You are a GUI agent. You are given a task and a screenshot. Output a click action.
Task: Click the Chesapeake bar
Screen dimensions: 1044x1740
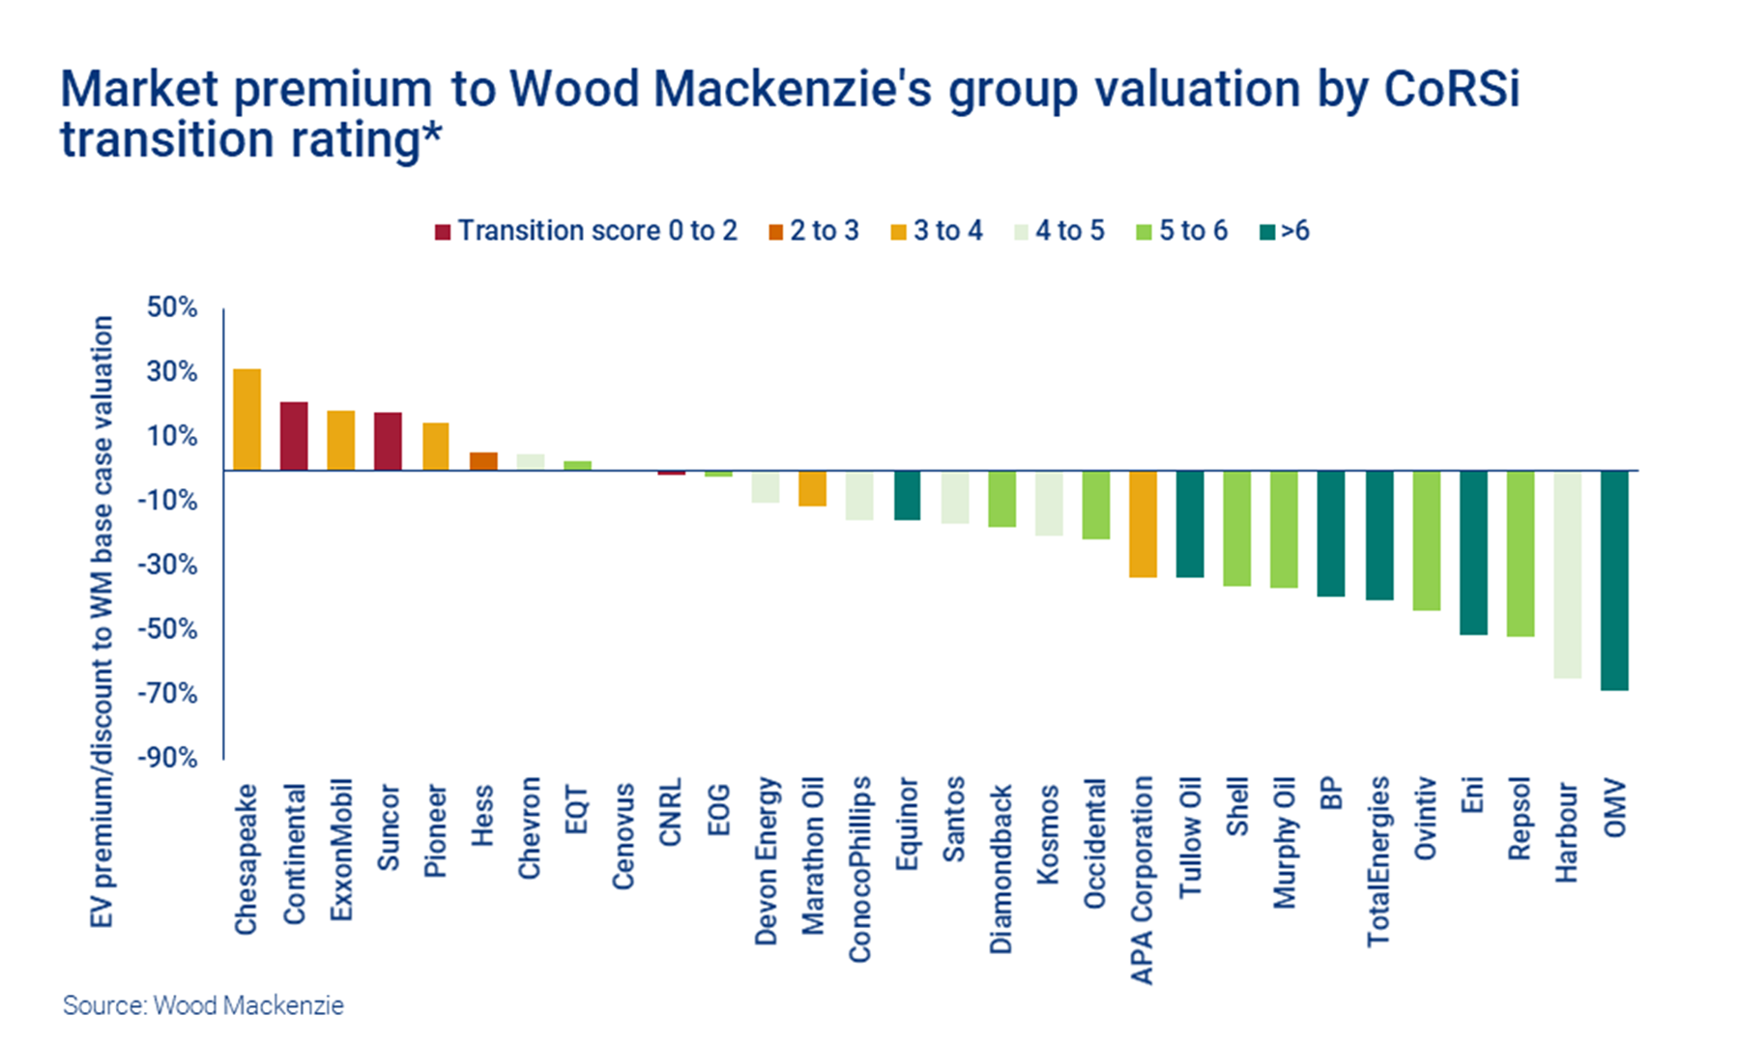tap(246, 420)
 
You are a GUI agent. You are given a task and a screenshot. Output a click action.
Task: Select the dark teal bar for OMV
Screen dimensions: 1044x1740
tap(1614, 580)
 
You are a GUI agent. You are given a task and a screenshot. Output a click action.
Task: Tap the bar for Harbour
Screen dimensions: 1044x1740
tap(1567, 574)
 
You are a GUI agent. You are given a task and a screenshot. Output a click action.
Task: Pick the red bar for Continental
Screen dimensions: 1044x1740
tap(294, 436)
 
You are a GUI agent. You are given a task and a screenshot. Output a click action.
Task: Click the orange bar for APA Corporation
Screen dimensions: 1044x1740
tap(1144, 524)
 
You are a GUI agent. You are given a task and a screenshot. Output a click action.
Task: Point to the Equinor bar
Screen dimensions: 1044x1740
tap(907, 495)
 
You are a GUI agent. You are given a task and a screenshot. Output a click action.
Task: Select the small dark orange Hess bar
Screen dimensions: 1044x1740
tap(483, 461)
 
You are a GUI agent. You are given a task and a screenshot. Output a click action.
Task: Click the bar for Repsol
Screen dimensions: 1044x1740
tap(1521, 553)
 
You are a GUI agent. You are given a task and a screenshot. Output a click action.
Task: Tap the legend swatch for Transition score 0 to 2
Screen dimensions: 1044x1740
tap(443, 232)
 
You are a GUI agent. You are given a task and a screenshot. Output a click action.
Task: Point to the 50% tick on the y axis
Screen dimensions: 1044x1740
tap(172, 307)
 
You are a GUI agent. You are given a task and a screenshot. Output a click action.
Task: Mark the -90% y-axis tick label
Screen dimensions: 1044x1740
tap(167, 757)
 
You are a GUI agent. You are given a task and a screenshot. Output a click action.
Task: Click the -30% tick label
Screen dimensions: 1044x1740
tap(167, 565)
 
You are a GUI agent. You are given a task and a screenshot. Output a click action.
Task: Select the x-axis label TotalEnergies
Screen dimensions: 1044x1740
tap(1378, 860)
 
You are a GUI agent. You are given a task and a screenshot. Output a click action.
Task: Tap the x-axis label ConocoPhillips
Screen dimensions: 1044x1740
tap(859, 869)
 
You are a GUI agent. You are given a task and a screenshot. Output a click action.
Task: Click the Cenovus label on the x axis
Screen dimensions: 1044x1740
tap(623, 835)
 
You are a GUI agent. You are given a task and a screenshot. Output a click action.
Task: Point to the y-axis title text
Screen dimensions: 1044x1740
tap(101, 621)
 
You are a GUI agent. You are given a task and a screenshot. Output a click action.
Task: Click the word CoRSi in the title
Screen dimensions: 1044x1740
tap(1451, 90)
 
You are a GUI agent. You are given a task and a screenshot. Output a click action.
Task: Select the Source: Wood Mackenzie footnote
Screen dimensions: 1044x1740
tap(203, 1005)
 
